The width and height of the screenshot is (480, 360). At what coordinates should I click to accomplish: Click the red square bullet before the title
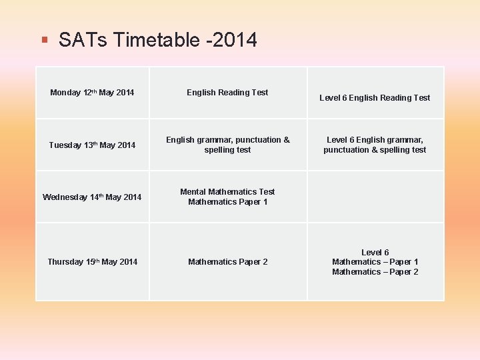44,40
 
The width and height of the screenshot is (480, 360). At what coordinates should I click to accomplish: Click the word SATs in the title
83,40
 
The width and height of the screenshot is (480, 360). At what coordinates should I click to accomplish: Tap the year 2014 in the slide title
233,40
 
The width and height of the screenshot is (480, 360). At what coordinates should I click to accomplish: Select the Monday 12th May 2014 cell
92,93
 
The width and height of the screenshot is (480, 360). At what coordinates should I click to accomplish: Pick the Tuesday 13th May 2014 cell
92,145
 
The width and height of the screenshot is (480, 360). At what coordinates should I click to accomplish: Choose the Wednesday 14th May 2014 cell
92,197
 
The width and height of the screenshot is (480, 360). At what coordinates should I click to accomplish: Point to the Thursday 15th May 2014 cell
92,262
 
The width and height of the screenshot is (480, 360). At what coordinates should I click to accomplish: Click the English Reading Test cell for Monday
227,93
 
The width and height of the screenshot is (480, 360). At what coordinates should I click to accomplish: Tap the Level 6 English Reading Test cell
375,98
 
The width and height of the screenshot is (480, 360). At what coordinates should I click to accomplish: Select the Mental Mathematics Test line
227,192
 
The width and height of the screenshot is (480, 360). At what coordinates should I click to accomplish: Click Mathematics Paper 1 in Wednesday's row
227,202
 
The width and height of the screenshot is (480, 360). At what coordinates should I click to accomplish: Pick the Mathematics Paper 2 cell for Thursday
227,262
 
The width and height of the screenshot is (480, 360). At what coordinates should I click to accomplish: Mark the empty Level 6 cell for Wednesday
375,197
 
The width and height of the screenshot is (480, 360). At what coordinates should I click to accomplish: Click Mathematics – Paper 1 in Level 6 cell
375,262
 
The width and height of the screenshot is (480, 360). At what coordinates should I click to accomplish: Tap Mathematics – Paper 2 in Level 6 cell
375,272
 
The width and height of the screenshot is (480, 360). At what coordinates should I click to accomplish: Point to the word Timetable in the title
157,40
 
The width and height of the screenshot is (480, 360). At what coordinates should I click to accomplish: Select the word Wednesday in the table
65,197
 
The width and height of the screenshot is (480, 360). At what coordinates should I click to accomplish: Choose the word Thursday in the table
65,262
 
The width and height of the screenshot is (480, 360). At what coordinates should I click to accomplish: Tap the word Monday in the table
65,93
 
